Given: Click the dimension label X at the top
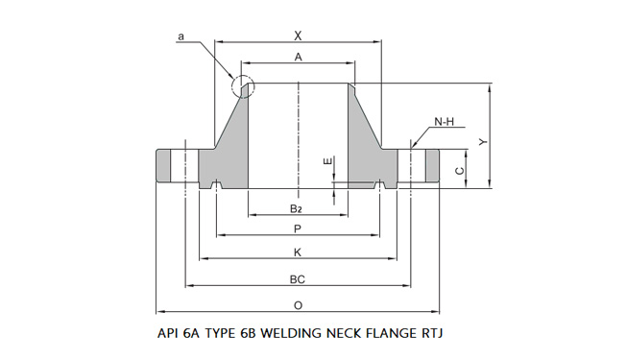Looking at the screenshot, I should (298, 35).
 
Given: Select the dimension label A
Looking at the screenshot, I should (299, 58).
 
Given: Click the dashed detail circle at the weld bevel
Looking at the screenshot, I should (243, 86).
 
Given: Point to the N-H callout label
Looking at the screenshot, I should (444, 122).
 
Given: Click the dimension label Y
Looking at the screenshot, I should (483, 139).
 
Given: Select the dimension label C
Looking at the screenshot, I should (459, 170).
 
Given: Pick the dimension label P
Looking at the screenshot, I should (298, 228).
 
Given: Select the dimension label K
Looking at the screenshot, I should (298, 252).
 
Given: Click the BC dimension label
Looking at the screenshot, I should (298, 279).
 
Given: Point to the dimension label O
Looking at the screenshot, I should (298, 305).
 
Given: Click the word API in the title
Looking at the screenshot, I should (168, 335).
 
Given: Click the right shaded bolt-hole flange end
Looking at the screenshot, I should (431, 165).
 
